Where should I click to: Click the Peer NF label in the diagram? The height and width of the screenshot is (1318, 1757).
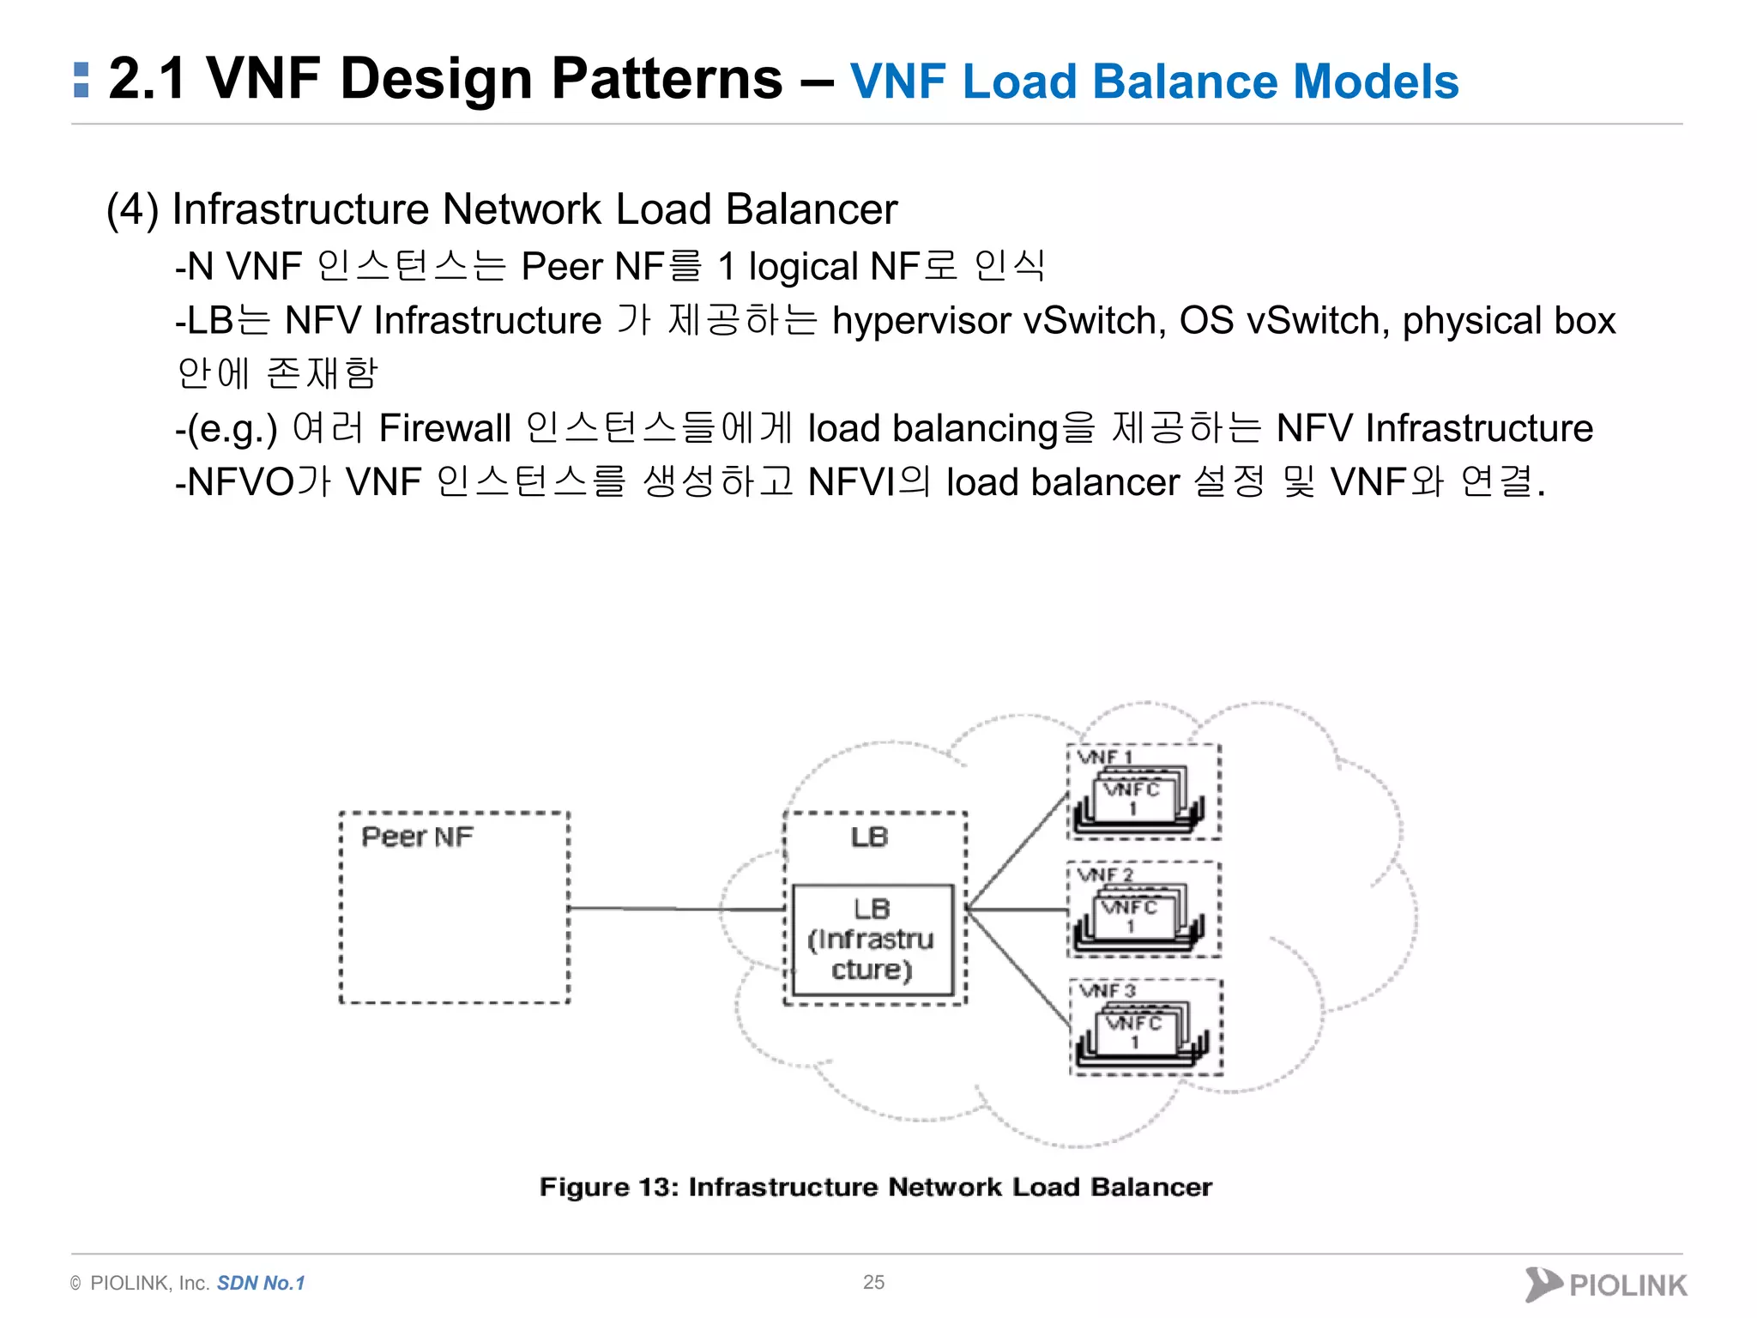tap(417, 837)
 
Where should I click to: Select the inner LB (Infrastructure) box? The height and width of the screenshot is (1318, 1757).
tap(872, 940)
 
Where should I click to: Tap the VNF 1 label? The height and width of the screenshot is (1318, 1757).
tap(1106, 757)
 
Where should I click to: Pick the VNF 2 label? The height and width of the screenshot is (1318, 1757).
tap(1106, 874)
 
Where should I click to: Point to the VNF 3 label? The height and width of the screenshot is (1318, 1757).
tap(1108, 991)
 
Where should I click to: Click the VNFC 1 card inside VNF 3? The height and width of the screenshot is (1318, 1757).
tap(1134, 1031)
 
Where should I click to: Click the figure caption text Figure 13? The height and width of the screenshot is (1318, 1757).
tap(875, 1187)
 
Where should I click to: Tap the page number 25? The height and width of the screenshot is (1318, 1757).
tap(873, 1282)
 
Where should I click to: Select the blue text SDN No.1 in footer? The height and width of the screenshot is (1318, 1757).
tap(261, 1283)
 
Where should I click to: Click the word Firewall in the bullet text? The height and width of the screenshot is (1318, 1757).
tap(444, 428)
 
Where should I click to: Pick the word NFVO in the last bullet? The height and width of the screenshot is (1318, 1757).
tap(241, 482)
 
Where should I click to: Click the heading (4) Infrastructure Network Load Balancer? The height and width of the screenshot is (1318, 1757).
tap(502, 209)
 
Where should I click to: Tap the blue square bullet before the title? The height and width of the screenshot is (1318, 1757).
tap(82, 80)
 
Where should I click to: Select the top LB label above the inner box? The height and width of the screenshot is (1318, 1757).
tap(869, 837)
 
